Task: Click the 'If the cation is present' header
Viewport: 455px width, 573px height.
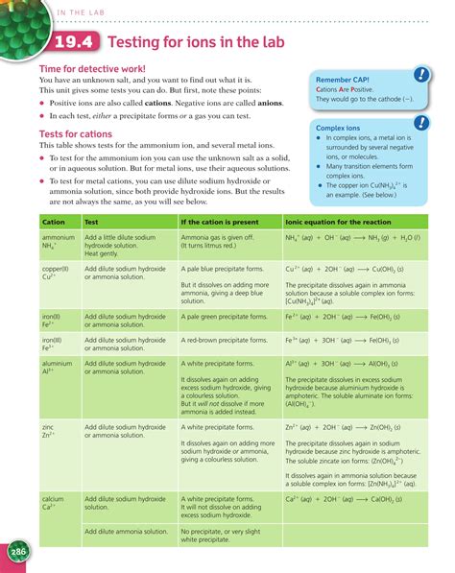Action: point(219,221)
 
